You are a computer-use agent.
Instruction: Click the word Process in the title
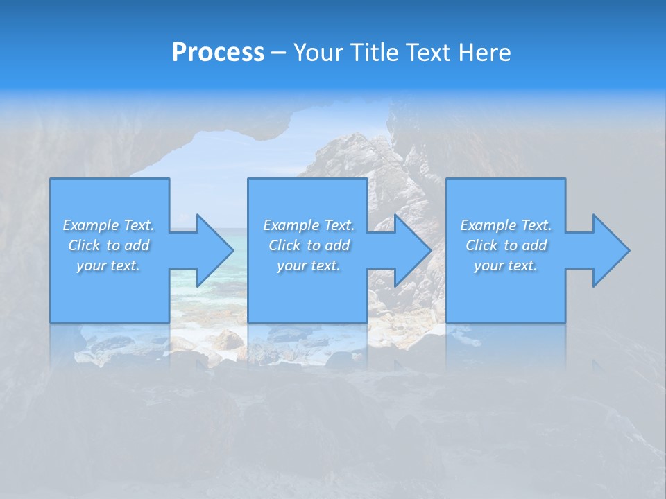point(218,53)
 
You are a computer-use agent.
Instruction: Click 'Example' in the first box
point(91,225)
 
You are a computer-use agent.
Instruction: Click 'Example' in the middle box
point(291,225)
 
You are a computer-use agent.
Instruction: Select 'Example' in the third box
point(488,225)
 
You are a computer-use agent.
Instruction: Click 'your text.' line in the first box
point(108,265)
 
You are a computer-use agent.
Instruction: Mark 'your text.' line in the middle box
point(309,265)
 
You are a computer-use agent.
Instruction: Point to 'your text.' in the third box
point(506,265)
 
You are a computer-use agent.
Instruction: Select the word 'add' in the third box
point(534,245)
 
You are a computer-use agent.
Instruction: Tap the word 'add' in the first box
point(137,245)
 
